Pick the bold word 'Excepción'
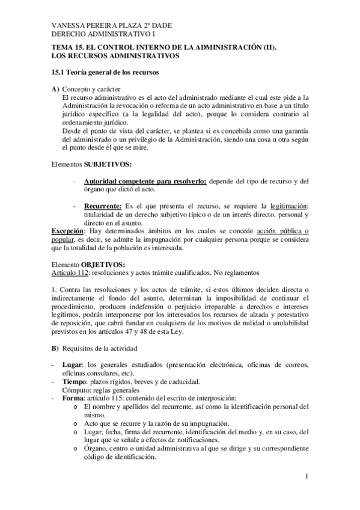(67, 231)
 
